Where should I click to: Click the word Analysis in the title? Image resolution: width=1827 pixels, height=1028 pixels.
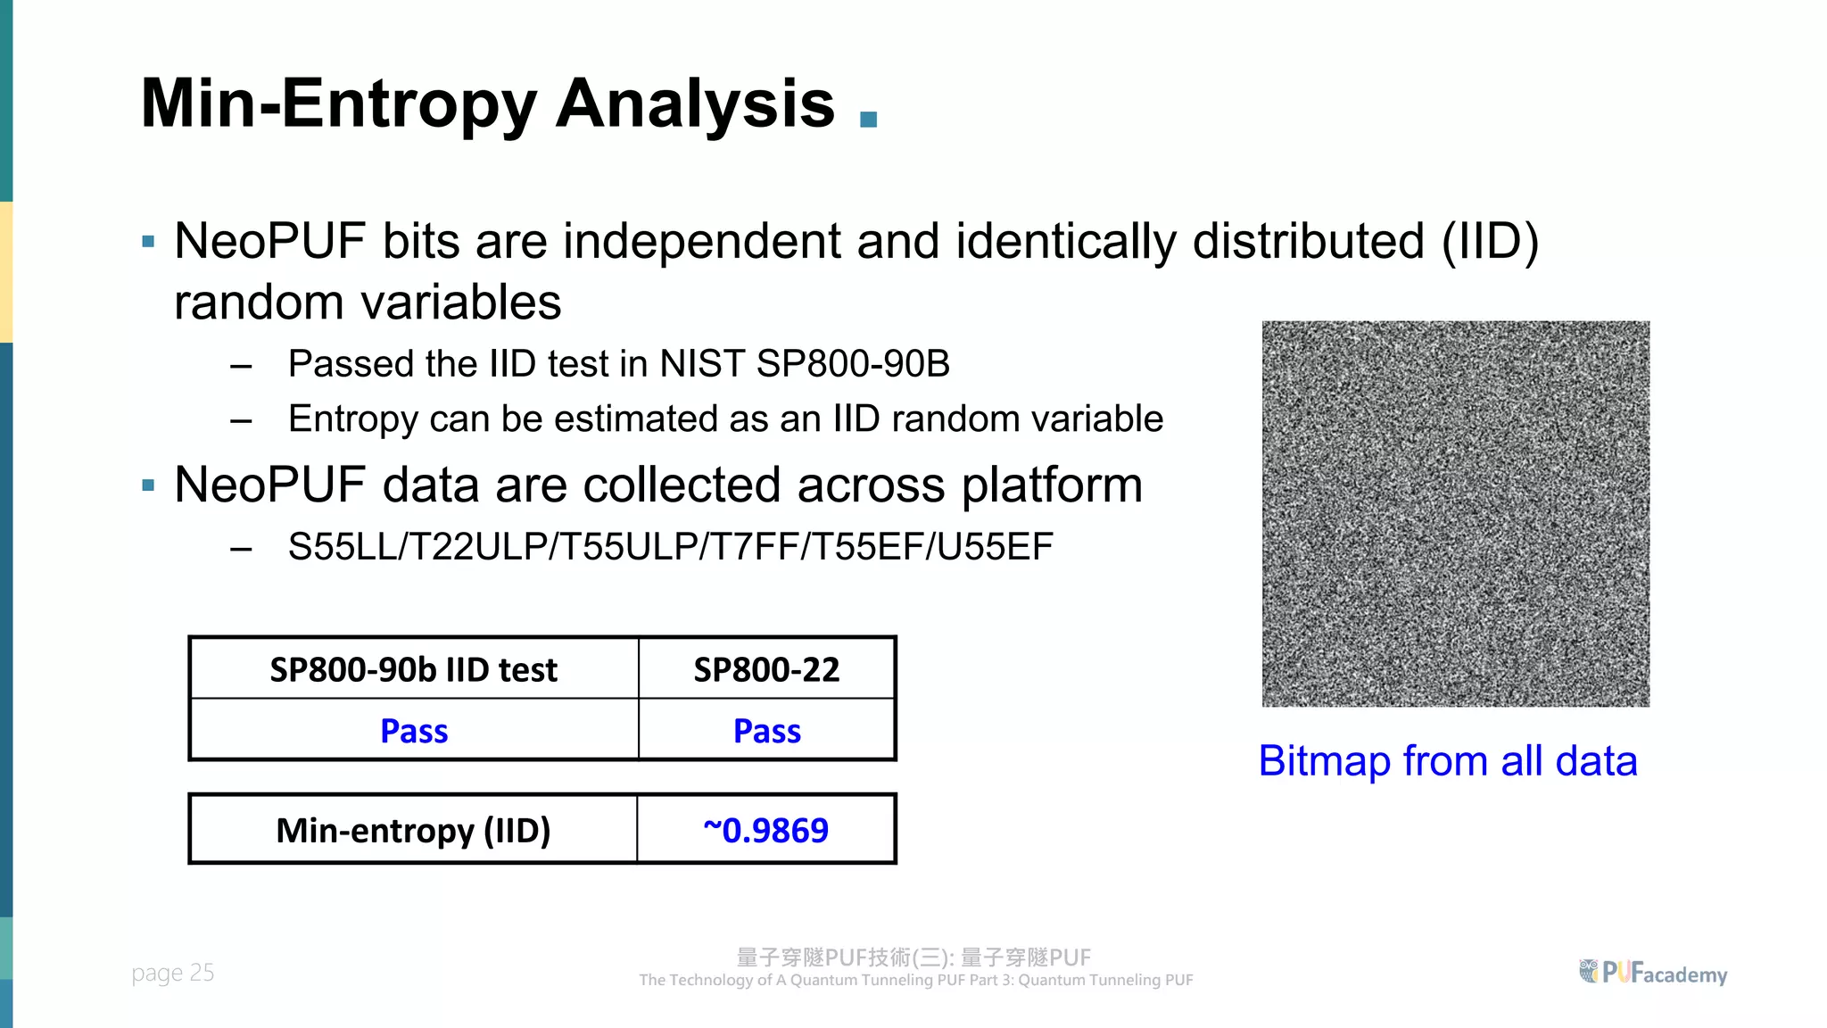695,104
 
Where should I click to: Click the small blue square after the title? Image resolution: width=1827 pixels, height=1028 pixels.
868,120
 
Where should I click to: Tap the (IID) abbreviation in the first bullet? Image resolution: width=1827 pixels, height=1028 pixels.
1490,241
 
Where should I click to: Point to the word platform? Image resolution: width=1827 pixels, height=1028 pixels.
1052,485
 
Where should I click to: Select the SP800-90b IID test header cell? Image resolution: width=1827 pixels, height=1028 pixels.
414,669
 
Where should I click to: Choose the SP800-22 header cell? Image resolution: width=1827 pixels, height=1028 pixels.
766,669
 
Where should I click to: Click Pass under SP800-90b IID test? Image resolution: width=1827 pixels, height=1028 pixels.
414,731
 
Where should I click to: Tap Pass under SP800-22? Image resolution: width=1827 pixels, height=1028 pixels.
766,731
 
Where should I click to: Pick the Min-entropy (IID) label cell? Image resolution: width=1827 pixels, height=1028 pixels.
413,830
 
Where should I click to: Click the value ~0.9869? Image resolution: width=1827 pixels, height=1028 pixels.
765,830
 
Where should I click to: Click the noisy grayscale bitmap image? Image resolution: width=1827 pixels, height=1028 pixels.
1455,514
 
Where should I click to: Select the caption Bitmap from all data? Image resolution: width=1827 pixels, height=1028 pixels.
1447,761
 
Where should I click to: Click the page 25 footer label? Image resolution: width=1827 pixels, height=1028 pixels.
173,973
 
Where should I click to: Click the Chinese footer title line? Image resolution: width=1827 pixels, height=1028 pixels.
913,958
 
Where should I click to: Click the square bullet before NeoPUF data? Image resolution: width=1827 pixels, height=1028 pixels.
148,486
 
